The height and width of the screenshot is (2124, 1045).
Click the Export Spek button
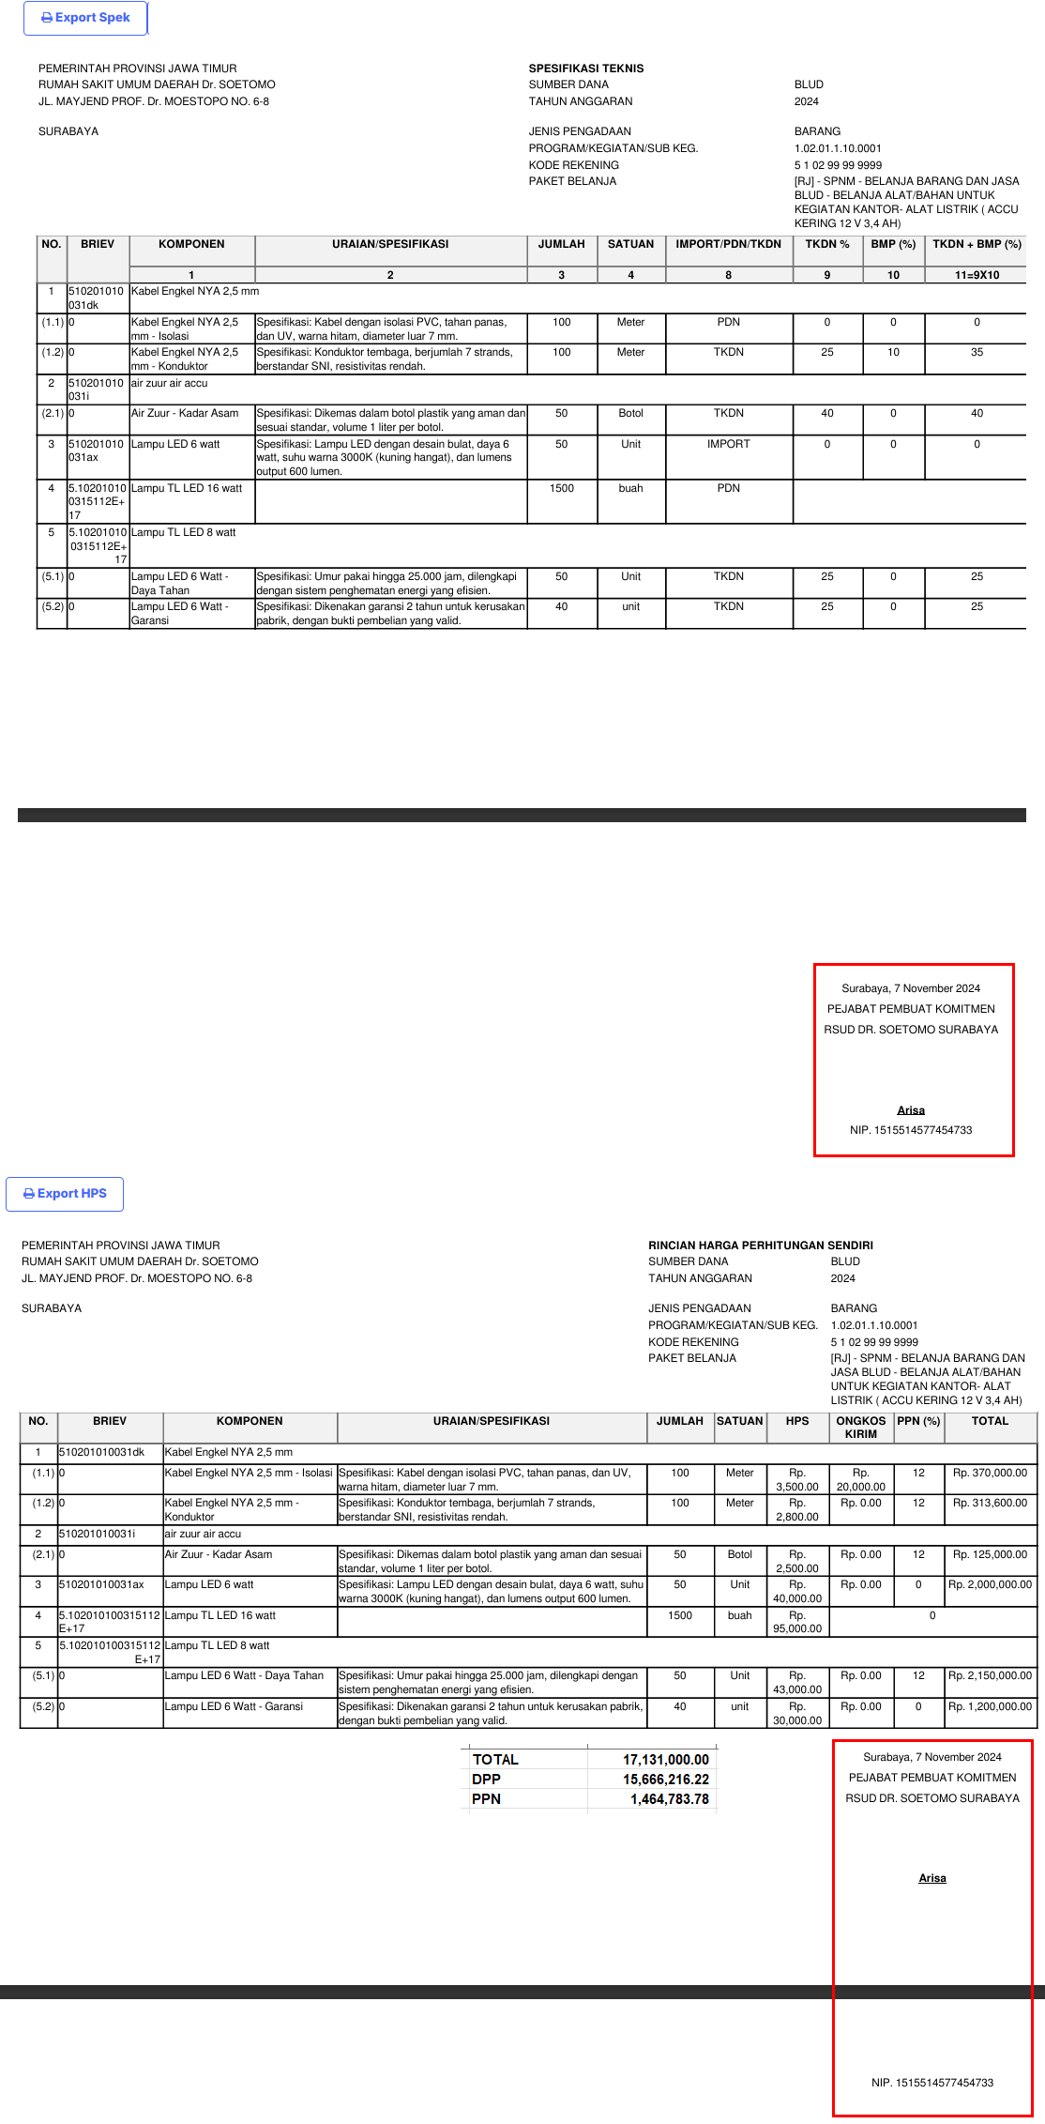point(85,18)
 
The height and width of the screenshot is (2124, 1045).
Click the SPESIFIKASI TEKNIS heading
point(586,69)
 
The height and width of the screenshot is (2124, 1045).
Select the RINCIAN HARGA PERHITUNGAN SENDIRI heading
point(760,1245)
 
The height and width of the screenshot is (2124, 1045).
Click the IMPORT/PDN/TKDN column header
point(728,244)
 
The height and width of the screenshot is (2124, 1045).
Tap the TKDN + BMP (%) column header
point(977,244)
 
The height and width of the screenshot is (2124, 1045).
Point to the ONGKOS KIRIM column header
point(860,1428)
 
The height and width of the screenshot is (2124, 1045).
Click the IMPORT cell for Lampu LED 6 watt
point(728,444)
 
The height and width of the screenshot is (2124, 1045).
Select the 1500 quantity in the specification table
point(562,488)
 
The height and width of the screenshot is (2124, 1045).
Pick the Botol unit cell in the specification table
point(630,413)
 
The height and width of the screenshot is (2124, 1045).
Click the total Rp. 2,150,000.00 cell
point(990,1675)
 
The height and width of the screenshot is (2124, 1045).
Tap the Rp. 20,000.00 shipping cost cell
point(860,1479)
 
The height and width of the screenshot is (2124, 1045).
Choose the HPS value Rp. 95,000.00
point(797,1622)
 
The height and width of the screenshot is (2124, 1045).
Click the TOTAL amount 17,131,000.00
point(666,1760)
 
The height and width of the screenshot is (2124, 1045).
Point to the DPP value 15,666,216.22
point(666,1780)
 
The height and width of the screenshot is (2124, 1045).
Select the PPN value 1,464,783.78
point(669,1799)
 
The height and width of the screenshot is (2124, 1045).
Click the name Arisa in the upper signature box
point(911,1110)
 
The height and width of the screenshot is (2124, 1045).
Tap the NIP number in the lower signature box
point(931,2083)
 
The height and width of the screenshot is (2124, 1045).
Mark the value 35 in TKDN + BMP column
point(977,352)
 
